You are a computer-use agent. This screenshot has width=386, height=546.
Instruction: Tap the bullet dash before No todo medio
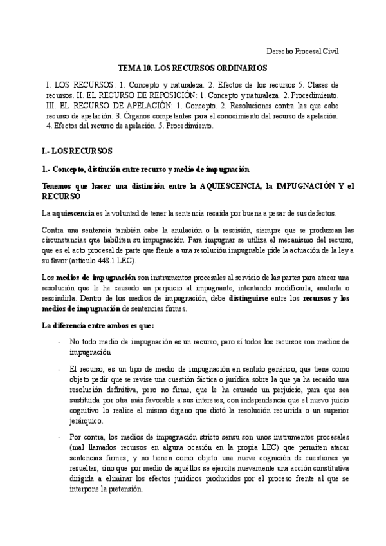pos(59,343)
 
